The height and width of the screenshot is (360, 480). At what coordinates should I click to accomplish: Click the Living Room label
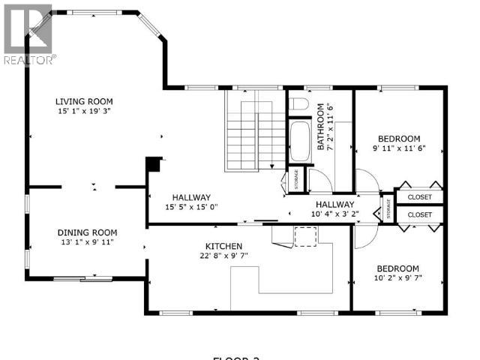pos(83,101)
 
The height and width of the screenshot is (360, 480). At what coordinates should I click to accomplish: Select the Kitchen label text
pos(224,246)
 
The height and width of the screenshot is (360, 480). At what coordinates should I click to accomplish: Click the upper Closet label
pos(419,197)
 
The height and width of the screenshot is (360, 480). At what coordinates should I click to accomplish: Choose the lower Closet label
pos(419,214)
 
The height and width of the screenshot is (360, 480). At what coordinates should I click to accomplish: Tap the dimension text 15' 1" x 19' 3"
pos(83,112)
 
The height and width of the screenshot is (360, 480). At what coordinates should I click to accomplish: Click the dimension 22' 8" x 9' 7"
pos(224,256)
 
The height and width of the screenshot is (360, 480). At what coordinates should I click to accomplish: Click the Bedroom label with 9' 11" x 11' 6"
pos(398,139)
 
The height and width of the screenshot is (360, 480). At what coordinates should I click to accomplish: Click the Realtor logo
pos(28,34)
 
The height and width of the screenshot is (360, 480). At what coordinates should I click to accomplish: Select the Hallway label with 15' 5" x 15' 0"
pos(191,197)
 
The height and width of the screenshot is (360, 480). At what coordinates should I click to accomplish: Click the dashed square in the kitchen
pos(305,235)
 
